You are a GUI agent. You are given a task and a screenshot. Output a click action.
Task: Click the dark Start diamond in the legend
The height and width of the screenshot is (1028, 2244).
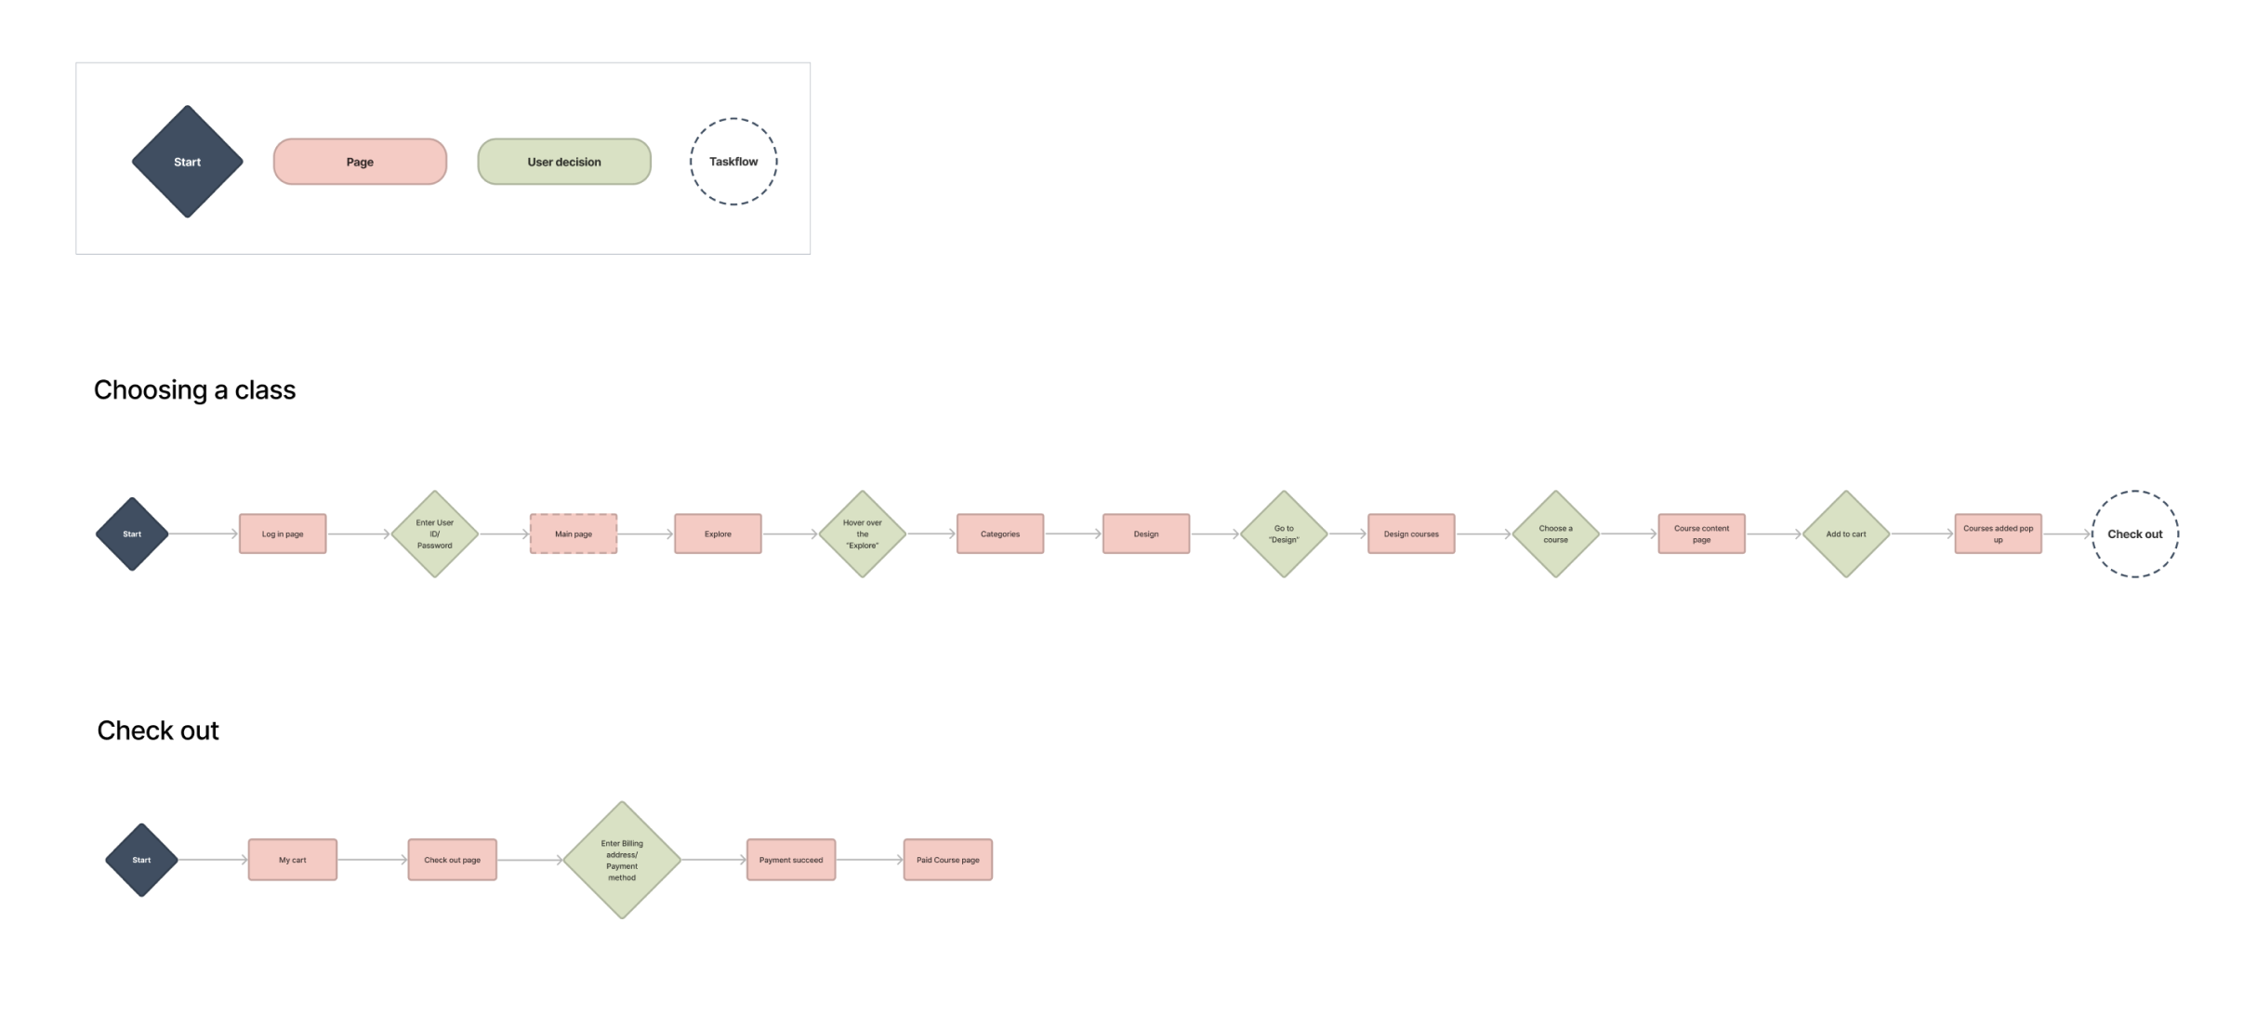click(x=187, y=162)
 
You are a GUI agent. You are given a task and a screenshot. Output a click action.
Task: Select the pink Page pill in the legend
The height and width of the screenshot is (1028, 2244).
click(x=360, y=162)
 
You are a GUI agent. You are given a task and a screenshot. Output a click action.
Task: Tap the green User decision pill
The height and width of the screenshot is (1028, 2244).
click(x=564, y=162)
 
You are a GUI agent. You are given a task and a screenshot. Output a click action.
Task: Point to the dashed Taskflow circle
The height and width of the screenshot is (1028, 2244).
click(x=733, y=162)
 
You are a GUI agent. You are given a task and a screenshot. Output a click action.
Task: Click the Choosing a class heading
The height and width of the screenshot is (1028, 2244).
click(x=194, y=389)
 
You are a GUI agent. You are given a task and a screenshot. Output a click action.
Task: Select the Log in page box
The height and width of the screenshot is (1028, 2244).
click(x=283, y=534)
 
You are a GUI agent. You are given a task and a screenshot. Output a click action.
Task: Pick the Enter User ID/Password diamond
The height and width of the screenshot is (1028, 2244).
click(x=434, y=534)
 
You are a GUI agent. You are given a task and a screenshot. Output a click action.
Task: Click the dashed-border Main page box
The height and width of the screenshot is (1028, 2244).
click(x=574, y=534)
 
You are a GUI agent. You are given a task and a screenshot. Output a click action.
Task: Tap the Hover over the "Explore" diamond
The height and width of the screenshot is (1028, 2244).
click(x=862, y=534)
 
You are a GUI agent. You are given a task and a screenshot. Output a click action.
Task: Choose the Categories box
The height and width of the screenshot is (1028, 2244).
click(x=1000, y=534)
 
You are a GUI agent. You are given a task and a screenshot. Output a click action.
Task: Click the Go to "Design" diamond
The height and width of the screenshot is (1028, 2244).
click(x=1284, y=534)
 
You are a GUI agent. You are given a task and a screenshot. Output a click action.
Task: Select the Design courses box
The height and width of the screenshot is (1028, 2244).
click(x=1411, y=534)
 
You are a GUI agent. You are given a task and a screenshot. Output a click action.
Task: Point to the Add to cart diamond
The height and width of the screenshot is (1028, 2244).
click(x=1846, y=534)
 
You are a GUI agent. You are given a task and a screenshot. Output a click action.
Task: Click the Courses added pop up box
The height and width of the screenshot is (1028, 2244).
click(x=1998, y=534)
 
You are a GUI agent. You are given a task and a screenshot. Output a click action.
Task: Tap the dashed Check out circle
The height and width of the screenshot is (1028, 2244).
click(x=2134, y=534)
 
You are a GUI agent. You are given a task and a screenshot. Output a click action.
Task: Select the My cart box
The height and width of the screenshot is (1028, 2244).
click(x=293, y=860)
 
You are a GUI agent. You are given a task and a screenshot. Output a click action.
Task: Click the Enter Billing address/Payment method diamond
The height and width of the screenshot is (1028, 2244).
click(x=622, y=860)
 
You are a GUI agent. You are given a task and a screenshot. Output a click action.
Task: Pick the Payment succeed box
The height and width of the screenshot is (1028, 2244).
click(x=791, y=860)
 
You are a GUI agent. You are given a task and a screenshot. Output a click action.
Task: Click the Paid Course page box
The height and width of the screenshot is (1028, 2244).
click(x=948, y=860)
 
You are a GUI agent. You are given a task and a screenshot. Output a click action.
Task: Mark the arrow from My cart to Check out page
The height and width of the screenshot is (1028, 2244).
click(x=372, y=860)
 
